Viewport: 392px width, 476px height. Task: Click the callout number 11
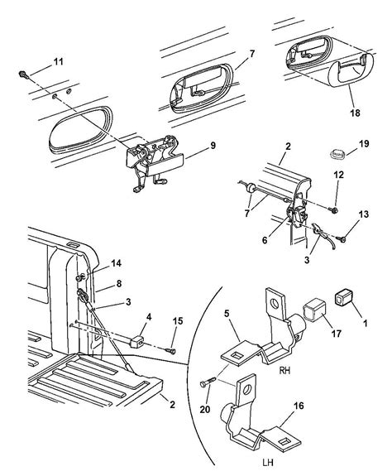coord(58,62)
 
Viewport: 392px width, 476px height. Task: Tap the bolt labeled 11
coord(23,75)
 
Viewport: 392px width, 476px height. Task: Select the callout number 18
coord(355,113)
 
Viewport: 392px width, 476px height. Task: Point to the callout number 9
coord(213,146)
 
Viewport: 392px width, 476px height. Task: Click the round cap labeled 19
coord(336,152)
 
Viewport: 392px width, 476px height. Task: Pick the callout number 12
coord(339,175)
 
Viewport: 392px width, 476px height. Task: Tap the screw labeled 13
coord(343,239)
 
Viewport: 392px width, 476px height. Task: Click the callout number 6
coord(265,240)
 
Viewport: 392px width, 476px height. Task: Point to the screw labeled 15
coord(171,351)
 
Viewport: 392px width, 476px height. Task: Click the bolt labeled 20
coord(208,382)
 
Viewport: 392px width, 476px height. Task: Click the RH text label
coord(285,370)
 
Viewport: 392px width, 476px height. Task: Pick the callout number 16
coord(299,406)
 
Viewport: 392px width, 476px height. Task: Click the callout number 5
coord(227,313)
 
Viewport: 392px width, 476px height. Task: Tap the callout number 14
coord(116,263)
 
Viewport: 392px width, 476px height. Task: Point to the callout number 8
coord(118,284)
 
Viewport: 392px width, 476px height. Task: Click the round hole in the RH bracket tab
coord(275,303)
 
